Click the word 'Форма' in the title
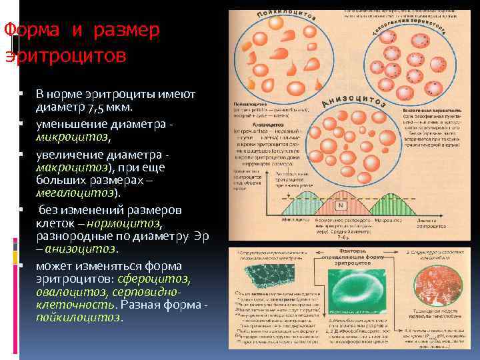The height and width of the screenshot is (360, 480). point(26,31)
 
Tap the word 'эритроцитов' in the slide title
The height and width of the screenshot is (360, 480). point(65,55)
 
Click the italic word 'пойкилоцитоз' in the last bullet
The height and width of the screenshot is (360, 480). point(79,317)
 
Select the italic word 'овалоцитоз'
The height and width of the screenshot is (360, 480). point(66,292)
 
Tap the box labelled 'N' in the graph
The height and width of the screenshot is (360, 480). point(341,205)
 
